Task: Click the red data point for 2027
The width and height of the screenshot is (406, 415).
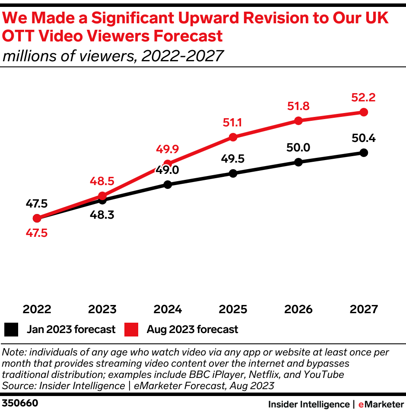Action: click(x=364, y=112)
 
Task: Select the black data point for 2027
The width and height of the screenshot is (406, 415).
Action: click(x=364, y=152)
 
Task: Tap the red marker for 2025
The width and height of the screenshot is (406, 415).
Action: click(x=233, y=137)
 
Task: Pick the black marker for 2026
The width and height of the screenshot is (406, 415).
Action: click(x=298, y=162)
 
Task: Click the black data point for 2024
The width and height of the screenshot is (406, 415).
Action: click(x=168, y=185)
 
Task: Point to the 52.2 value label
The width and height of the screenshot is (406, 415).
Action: click(x=363, y=97)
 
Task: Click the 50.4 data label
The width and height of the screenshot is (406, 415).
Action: click(x=363, y=138)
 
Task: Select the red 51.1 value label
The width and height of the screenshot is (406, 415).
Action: click(x=232, y=123)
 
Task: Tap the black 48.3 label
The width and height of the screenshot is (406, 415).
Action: click(x=102, y=214)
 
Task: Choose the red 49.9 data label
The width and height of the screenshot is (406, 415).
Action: click(x=167, y=150)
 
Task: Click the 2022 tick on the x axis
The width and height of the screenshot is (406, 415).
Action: click(x=37, y=309)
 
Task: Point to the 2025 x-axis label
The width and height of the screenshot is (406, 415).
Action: click(x=233, y=309)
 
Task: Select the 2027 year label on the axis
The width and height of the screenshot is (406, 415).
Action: click(x=364, y=309)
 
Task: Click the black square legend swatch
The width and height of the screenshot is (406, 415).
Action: click(x=11, y=330)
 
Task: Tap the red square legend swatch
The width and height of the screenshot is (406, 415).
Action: click(x=131, y=330)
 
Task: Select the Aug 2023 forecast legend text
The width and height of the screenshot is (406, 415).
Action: click(x=192, y=330)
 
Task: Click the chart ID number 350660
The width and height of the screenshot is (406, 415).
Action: click(x=20, y=403)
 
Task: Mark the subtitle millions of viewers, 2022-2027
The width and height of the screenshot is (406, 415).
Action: click(x=113, y=56)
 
